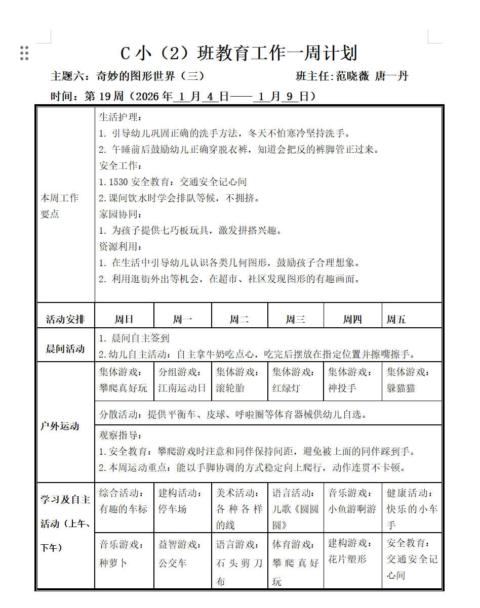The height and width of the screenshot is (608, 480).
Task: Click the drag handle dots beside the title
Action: click(24, 53)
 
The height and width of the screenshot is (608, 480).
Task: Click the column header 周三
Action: click(295, 319)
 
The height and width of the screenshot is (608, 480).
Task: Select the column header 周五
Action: click(396, 319)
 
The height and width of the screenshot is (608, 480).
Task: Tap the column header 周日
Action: click(124, 319)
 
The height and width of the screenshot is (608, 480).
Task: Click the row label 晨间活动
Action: click(65, 349)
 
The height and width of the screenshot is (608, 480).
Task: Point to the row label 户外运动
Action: click(60, 426)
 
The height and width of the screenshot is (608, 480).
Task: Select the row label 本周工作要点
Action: click(60, 206)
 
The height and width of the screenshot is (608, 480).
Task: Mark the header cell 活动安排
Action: click(65, 319)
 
